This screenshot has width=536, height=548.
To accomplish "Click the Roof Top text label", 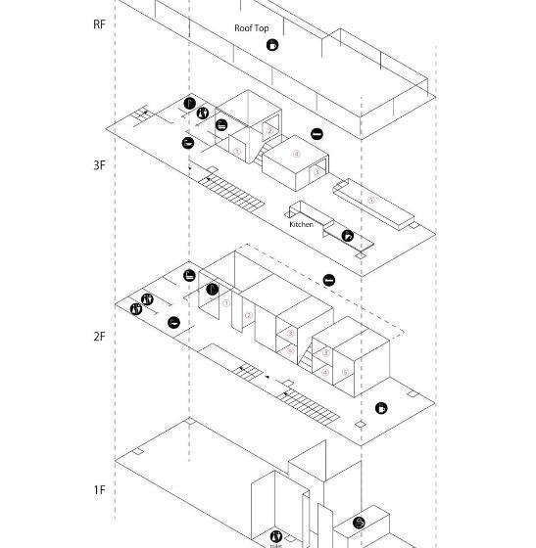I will coord(252,28).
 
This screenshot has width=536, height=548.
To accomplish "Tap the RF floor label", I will coord(99,23).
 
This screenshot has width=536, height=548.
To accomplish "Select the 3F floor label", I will coord(99,164).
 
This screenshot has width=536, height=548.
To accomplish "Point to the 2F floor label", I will coord(99,337).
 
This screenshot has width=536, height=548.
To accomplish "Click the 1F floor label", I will coord(99,489).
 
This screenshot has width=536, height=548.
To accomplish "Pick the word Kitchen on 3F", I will coord(301,225).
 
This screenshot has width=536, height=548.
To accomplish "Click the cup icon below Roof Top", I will coord(272,45).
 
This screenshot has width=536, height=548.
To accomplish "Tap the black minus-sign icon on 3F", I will coord(317,134).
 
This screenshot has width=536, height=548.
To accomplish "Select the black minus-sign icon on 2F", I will coord(329,281).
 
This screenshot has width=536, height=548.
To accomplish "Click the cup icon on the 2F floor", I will coord(381,408).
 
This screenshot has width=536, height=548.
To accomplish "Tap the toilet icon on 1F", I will coord(276,536).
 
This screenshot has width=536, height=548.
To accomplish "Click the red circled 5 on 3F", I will coord(371,201).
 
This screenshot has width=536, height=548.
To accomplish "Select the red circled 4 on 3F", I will coord(297,153).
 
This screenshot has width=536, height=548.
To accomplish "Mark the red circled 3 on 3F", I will coord(316,172).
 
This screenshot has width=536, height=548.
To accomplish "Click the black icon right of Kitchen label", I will coord(347,236).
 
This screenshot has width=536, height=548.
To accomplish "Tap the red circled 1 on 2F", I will coord(225,303).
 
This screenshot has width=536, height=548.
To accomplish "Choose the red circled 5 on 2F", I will coord(345,372).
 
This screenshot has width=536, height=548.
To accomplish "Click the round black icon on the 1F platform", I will coord(359,523).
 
